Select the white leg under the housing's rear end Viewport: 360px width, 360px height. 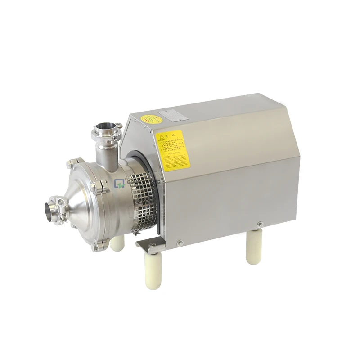pyautogui.click(x=253, y=248)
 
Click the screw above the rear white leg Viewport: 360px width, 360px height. pyautogui.click(x=259, y=224)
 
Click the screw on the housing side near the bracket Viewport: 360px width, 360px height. pyautogui.click(x=180, y=243)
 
